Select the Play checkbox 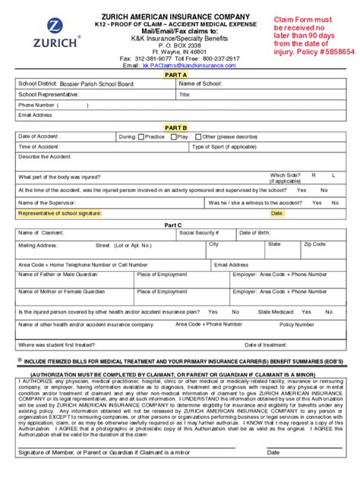pyautogui.click(x=173, y=137)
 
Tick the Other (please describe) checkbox pyautogui.click(x=199, y=137)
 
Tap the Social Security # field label pyautogui.click(x=199, y=232)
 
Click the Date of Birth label pyautogui.click(x=255, y=232)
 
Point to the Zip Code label pyautogui.click(x=314, y=244)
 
